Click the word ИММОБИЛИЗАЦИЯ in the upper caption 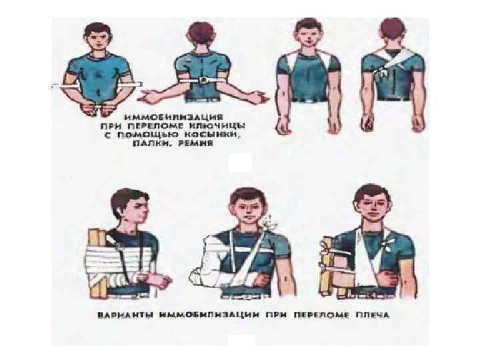pos(173,117)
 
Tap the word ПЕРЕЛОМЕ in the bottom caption pos(321,315)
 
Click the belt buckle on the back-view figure pos(203,81)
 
